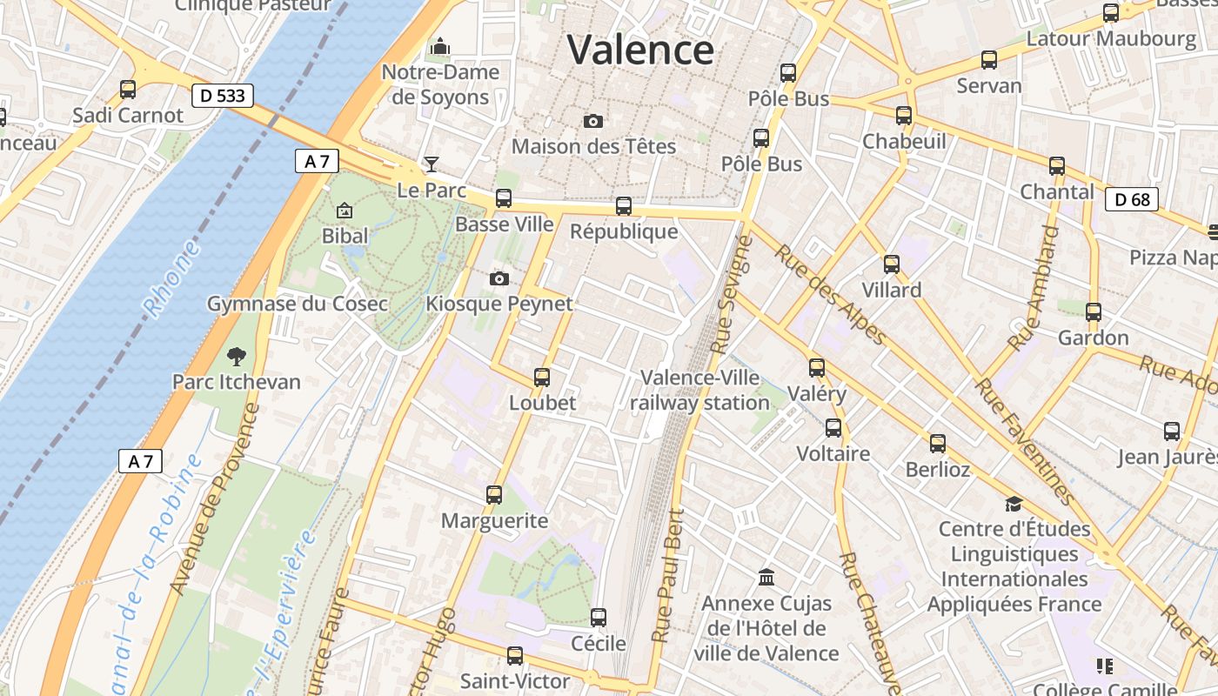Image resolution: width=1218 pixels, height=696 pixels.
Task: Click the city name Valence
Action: (640, 49)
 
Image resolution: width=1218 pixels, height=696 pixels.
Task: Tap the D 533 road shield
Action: (222, 96)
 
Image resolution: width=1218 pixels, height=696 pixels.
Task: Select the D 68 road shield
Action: (1132, 200)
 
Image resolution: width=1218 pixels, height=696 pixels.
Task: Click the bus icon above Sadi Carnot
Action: (128, 90)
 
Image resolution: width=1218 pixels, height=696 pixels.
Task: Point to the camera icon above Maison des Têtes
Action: (593, 121)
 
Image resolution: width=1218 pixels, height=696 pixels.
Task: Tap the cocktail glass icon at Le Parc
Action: (431, 164)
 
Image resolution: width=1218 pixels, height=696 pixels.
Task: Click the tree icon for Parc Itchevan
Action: (236, 356)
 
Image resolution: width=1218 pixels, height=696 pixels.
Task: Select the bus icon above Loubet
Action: (542, 378)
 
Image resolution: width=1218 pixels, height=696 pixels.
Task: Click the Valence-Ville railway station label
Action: (699, 391)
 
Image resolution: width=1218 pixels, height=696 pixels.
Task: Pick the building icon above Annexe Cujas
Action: (766, 577)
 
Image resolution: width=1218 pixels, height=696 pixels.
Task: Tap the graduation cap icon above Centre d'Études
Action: (1014, 504)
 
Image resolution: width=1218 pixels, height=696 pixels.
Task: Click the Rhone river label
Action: (171, 281)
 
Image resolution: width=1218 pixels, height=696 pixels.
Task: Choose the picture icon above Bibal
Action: (345, 210)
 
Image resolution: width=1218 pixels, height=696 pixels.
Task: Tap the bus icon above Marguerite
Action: (494, 495)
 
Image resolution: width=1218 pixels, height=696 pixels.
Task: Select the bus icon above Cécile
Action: (599, 618)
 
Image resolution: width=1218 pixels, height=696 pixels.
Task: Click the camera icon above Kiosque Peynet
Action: (499, 278)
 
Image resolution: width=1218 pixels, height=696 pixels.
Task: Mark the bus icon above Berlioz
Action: (937, 444)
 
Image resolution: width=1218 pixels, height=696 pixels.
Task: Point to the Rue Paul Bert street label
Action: (668, 575)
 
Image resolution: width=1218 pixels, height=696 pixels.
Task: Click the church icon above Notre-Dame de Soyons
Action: (440, 45)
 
